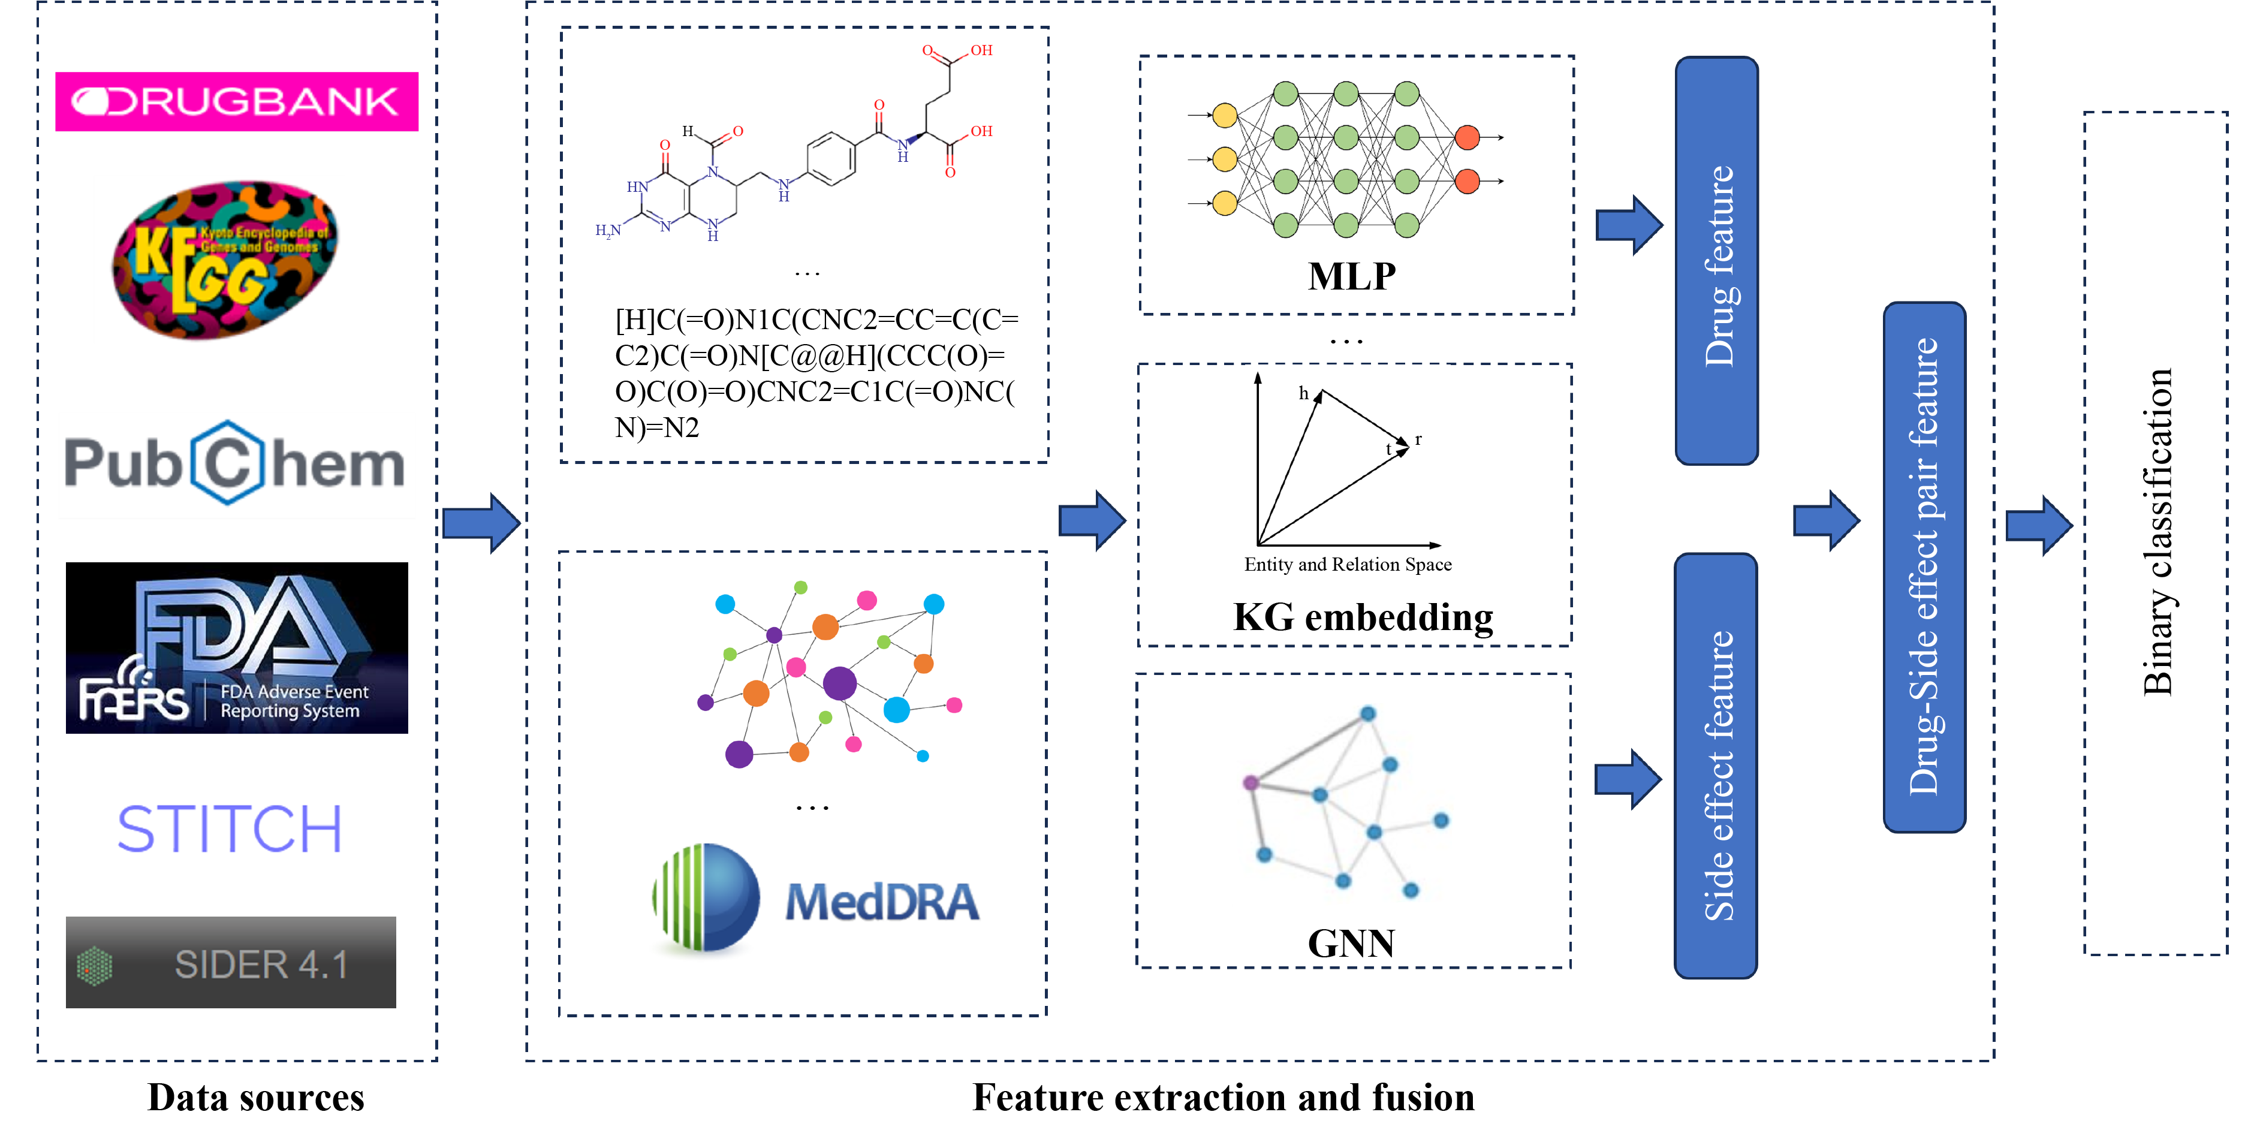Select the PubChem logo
(234, 463)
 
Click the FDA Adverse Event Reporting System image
(237, 647)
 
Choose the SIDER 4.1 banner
(230, 962)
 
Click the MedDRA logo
(816, 899)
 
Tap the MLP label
(1351, 276)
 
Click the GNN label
(1351, 944)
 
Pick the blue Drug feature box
(1716, 261)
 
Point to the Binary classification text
(2157, 532)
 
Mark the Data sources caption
(255, 1097)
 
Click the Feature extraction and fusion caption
(1223, 1097)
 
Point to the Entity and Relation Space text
(1348, 565)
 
